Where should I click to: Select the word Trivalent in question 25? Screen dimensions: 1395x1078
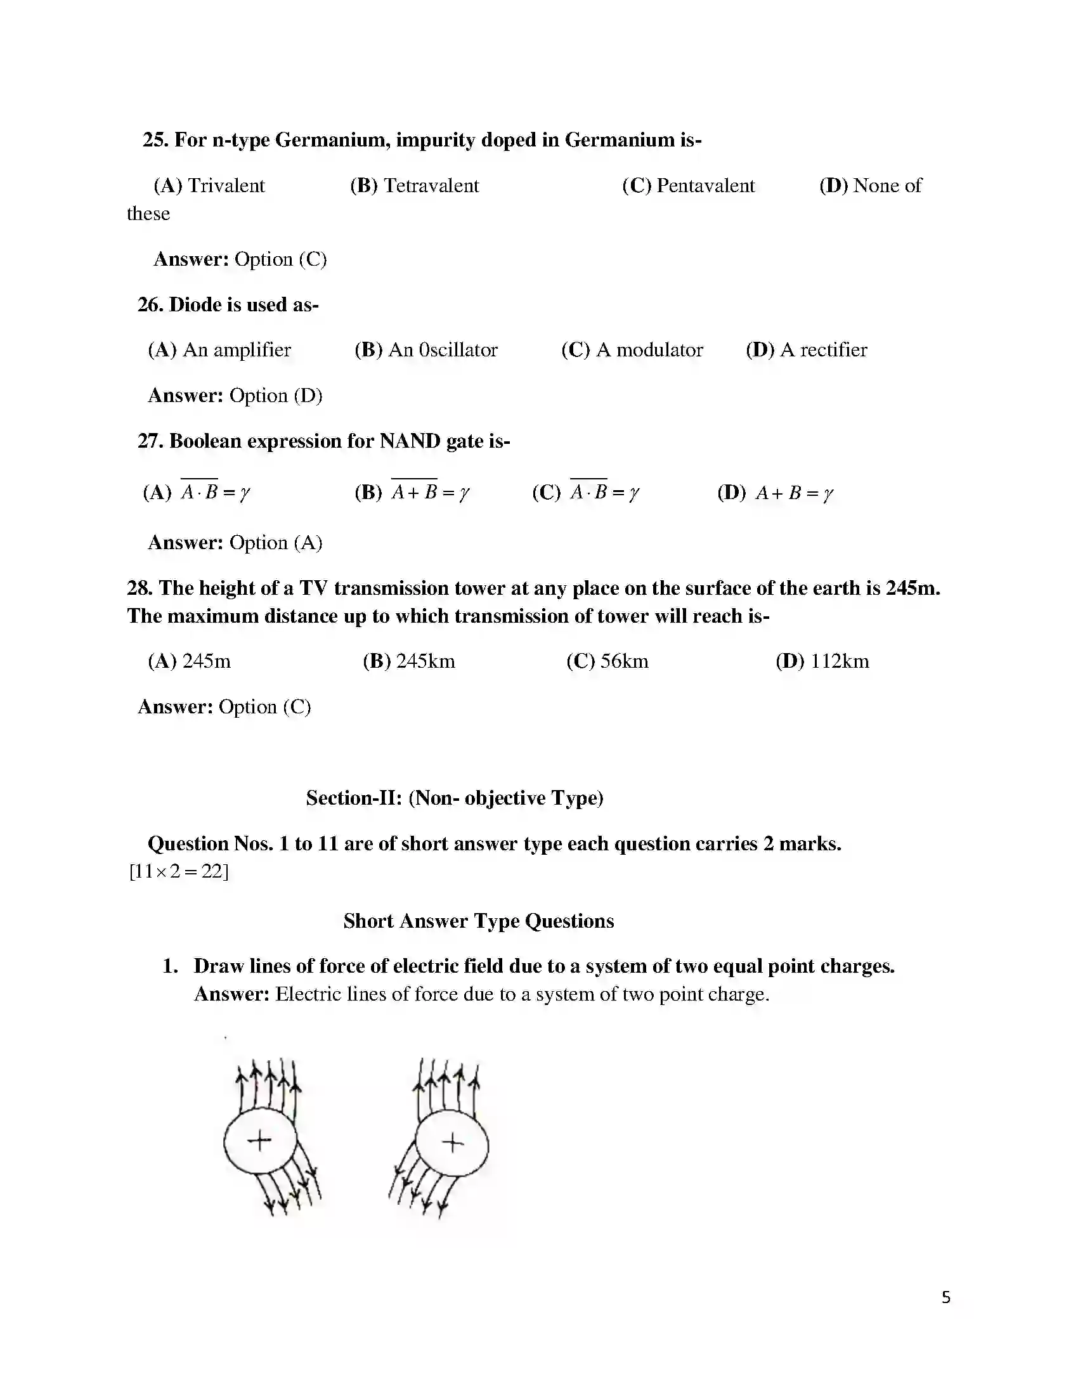click(x=226, y=186)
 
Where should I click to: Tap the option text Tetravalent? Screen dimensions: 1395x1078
click(x=431, y=186)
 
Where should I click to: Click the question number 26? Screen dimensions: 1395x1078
click(x=151, y=304)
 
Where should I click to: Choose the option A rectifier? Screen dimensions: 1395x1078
click(x=824, y=350)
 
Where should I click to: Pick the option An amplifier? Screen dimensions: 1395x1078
click(x=237, y=350)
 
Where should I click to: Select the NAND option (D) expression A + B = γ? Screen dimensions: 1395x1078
click(x=795, y=493)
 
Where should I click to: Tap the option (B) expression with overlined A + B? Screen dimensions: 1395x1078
click(x=431, y=493)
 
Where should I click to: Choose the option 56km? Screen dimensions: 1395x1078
click(x=624, y=661)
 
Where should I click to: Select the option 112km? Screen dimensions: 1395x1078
click(x=839, y=661)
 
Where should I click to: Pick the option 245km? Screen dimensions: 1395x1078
click(x=425, y=661)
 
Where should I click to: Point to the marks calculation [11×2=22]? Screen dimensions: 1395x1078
click(x=179, y=871)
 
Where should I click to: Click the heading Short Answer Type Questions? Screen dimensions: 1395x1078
click(x=478, y=921)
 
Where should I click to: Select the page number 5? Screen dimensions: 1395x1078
click(x=946, y=1297)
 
